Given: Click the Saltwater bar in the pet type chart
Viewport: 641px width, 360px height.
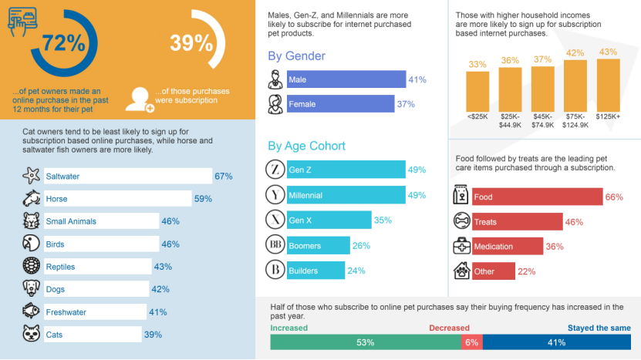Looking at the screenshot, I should click(x=127, y=177).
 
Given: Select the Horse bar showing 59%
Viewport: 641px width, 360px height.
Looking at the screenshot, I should click(x=116, y=199).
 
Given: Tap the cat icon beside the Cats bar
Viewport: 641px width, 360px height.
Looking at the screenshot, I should click(x=31, y=335).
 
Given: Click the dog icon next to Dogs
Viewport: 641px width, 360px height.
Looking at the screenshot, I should click(x=31, y=288).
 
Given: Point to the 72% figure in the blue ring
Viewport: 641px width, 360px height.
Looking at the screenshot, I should click(x=63, y=43).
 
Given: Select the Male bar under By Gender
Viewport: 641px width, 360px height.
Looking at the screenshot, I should click(x=346, y=79).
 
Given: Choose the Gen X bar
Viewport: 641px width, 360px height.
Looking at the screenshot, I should click(x=329, y=220).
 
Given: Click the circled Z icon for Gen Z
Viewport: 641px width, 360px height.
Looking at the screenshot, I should click(x=275, y=170).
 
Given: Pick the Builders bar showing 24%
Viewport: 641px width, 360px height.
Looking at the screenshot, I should click(x=315, y=271).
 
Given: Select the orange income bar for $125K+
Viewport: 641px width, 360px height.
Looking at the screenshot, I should click(x=608, y=86).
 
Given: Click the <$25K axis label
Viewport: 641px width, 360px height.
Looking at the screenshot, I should click(x=477, y=116).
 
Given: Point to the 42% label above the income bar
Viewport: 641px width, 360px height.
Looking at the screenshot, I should click(x=575, y=53).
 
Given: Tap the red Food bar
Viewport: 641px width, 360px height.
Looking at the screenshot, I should click(x=536, y=197).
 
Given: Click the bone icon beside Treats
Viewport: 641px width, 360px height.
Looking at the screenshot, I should click(x=461, y=221).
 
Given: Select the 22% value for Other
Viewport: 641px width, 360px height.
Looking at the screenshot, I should click(x=527, y=271).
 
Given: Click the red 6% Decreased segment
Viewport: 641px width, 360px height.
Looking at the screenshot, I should click(x=471, y=342).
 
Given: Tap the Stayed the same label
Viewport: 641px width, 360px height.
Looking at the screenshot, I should click(x=599, y=328).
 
